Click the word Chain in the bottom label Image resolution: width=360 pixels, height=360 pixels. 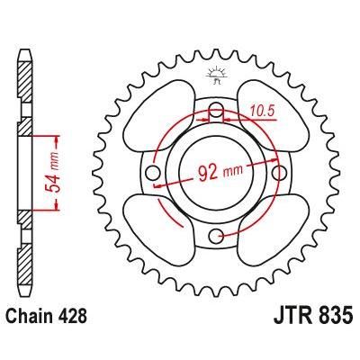(x=36, y=340)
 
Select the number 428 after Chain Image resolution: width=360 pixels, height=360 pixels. (x=81, y=340)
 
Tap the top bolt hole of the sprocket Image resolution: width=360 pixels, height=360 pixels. (x=216, y=112)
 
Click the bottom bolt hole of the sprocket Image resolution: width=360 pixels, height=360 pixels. (x=216, y=236)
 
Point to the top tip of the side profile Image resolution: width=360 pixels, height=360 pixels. (x=24, y=39)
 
